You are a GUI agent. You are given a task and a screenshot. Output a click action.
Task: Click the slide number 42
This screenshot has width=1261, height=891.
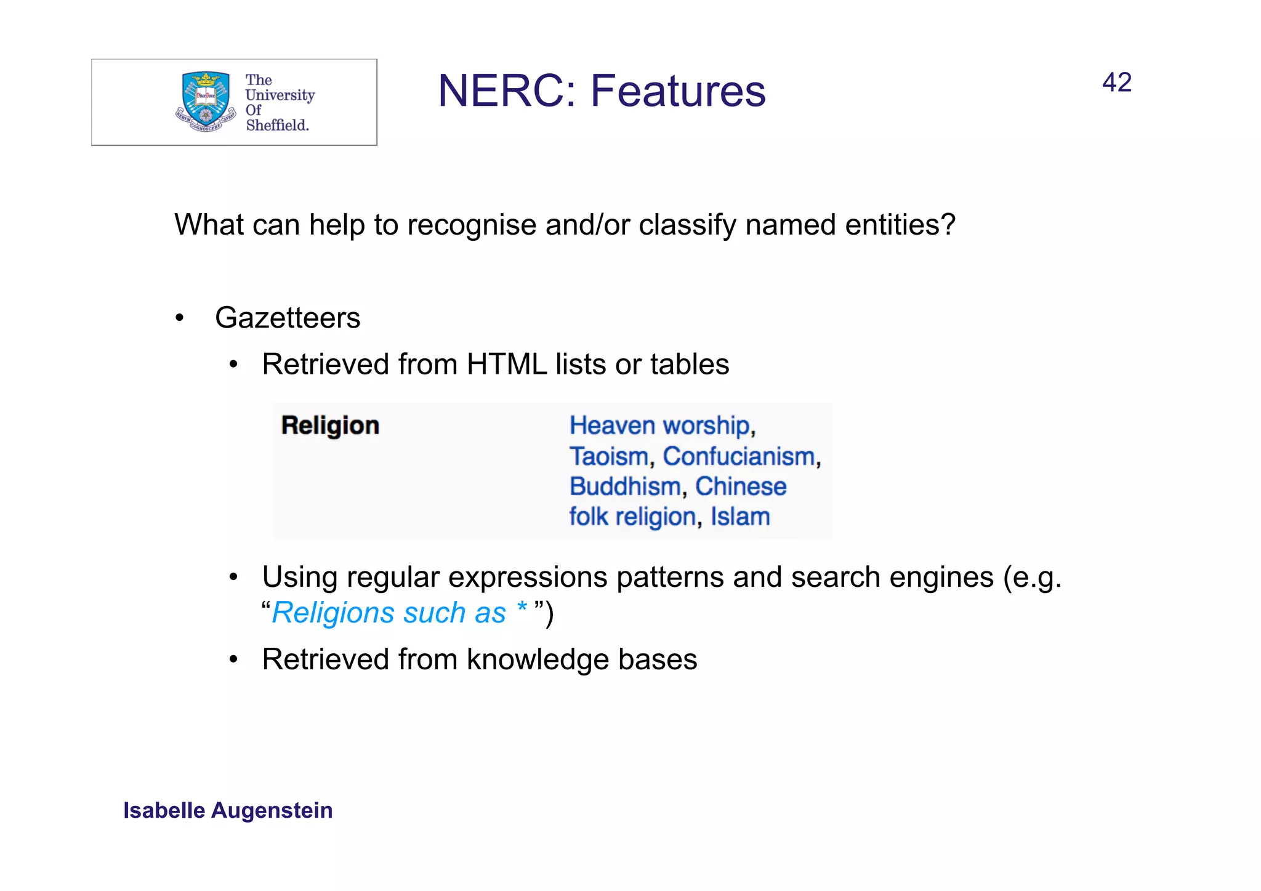(1116, 83)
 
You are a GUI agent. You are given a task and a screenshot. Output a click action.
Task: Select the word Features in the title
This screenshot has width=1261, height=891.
(678, 91)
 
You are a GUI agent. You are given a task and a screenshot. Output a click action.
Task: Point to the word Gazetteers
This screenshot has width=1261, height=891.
(288, 318)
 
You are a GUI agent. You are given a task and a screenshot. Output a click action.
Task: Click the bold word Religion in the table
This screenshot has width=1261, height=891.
(330, 425)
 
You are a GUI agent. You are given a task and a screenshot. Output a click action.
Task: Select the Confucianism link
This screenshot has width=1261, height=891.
(739, 456)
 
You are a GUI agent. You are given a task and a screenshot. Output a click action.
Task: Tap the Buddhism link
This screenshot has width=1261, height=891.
(625, 486)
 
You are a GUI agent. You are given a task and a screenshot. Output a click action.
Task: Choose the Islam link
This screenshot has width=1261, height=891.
(740, 517)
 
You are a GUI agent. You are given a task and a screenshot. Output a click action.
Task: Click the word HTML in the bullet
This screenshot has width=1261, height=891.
(507, 365)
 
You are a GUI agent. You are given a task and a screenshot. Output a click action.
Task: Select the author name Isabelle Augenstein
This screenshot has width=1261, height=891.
(228, 810)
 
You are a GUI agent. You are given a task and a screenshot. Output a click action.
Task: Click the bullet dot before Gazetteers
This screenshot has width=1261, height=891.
(179, 318)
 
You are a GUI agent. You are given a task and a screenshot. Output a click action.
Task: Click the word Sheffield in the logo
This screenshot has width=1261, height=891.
(277, 125)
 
